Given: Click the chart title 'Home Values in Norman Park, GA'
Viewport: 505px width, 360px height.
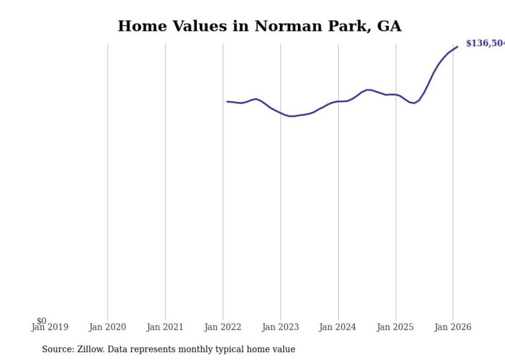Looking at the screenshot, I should click(259, 26).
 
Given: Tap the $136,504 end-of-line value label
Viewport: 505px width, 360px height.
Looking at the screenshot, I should click(484, 43).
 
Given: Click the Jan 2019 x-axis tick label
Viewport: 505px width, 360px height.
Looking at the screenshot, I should click(49, 327).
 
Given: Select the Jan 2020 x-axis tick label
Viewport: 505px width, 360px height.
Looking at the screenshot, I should click(107, 327).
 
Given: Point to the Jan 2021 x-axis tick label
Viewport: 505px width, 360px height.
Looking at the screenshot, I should click(165, 327).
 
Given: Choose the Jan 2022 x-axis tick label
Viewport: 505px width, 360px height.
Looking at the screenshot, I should click(223, 327).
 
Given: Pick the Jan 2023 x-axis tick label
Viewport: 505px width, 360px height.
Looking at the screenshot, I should click(280, 327).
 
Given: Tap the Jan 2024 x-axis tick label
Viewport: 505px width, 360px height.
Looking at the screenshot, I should click(338, 327).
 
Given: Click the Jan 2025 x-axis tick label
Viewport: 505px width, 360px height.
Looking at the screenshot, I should click(395, 327).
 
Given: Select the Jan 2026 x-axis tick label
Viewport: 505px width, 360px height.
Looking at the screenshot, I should click(452, 327).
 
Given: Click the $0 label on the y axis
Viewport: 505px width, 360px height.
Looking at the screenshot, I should click(41, 321).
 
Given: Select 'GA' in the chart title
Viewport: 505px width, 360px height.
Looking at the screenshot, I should click(389, 26).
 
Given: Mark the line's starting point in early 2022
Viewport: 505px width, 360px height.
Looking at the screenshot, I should click(227, 101).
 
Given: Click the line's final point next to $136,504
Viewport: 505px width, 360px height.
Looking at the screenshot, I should click(457, 47).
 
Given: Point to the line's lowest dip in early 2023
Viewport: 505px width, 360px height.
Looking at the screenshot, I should click(291, 116).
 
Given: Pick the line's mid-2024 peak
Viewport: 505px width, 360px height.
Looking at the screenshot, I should click(368, 90).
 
